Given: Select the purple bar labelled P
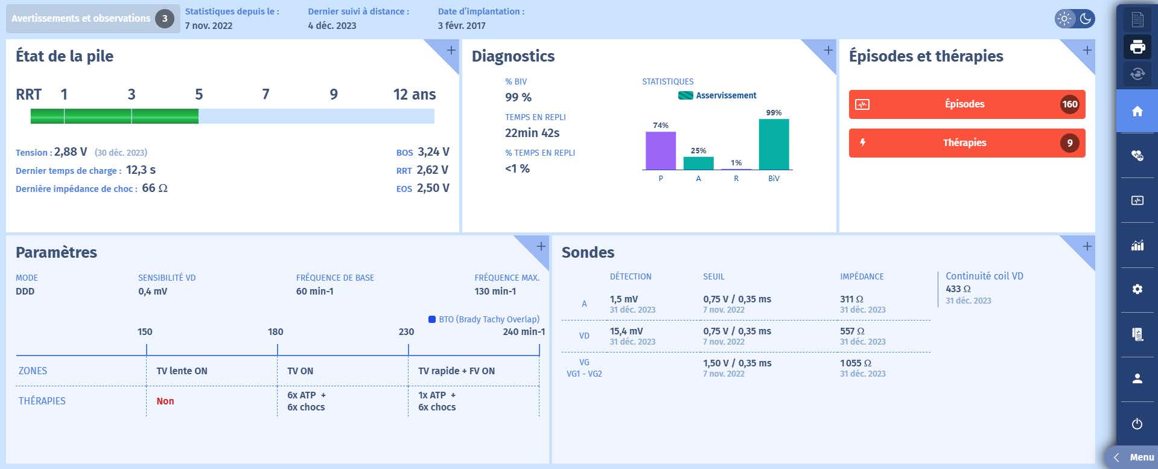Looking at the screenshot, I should click(660, 151).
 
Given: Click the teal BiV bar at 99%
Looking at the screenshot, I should click(774, 145).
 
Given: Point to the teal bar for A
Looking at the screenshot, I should click(698, 163).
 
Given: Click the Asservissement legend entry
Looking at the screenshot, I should click(717, 95).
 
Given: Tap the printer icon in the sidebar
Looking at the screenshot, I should click(1137, 47).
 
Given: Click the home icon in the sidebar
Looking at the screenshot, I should click(1137, 111).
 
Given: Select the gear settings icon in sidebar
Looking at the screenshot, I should click(1137, 289).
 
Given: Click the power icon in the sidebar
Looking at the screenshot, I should click(1137, 424).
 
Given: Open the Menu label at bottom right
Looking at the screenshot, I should click(1141, 458).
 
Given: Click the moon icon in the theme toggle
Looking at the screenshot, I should click(1085, 19).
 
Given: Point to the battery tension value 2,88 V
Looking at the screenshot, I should click(71, 152).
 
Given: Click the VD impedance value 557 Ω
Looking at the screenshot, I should click(852, 331).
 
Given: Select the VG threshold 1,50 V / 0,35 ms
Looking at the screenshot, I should click(737, 363).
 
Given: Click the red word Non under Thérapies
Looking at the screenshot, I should click(165, 401).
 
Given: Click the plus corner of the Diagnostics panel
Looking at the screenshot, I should click(828, 50).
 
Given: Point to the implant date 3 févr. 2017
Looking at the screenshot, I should click(462, 26).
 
